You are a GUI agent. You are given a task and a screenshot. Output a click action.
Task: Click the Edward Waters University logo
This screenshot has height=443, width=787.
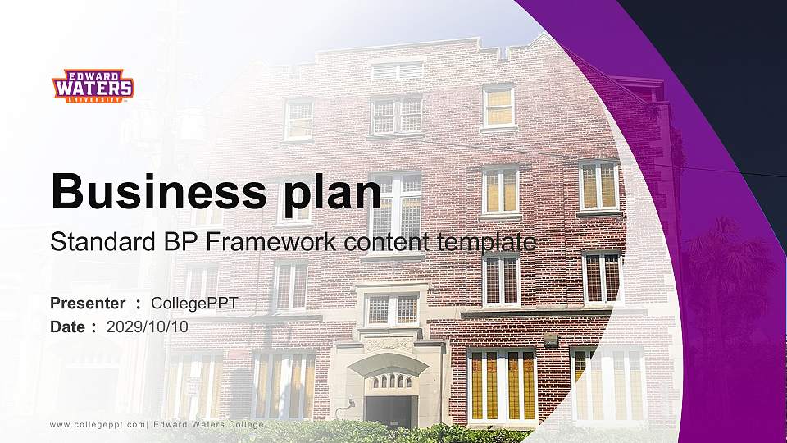93,85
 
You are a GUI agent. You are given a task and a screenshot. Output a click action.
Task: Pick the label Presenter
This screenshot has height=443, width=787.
88,304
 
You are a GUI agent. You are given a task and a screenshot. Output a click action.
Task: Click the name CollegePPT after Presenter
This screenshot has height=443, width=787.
195,304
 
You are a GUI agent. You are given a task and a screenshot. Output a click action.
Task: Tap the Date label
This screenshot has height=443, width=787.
68,327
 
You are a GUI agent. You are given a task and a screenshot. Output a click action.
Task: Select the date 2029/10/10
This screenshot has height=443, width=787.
148,327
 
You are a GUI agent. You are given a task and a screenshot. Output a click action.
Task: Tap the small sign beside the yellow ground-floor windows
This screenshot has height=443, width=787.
551,339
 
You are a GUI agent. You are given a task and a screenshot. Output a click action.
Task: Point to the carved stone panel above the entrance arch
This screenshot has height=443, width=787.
389,345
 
